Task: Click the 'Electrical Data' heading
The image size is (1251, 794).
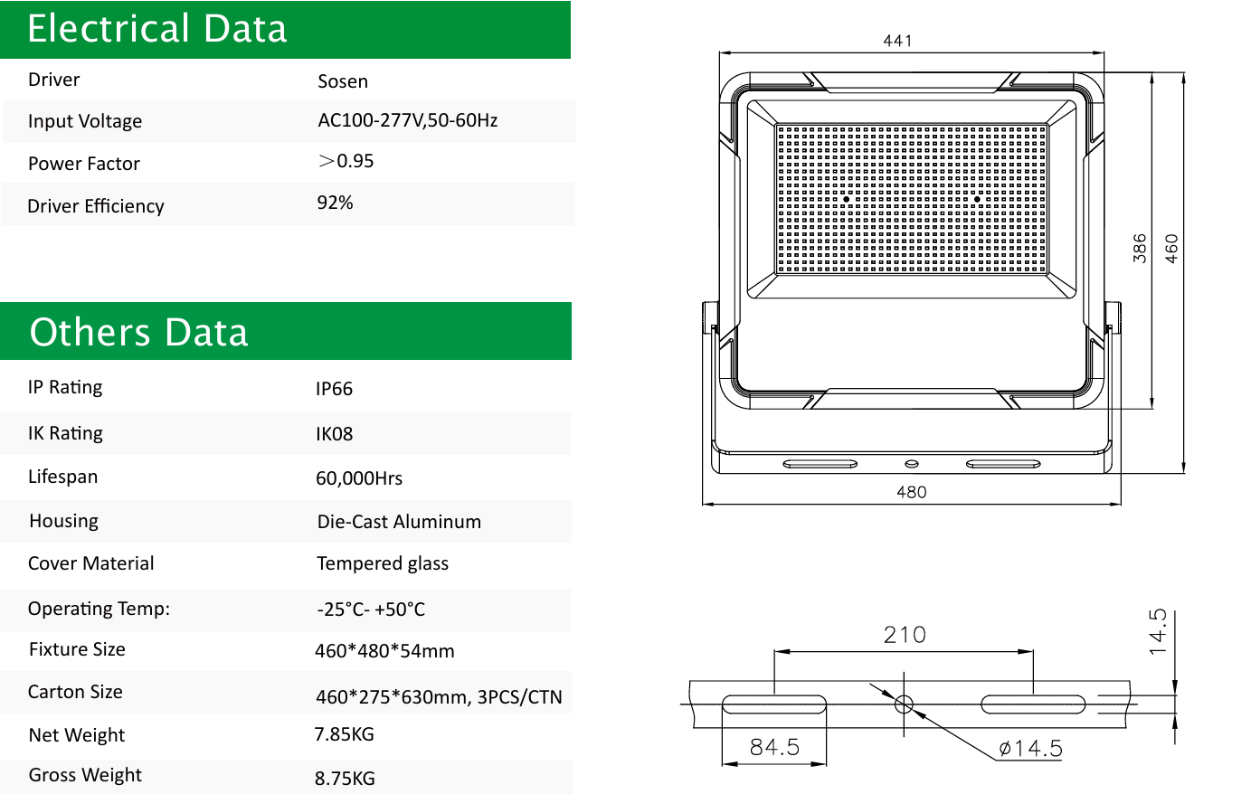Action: click(156, 28)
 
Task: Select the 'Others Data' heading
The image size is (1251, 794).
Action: click(138, 332)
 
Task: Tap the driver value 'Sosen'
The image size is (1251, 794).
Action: click(342, 81)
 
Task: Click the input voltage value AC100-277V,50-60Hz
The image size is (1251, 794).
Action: click(407, 120)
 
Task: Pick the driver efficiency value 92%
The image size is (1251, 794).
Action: click(335, 203)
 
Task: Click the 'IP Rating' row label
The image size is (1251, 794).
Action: click(65, 387)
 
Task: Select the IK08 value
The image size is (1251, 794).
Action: click(334, 434)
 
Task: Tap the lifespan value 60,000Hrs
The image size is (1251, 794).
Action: click(358, 478)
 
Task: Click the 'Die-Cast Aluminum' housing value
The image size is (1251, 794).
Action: click(399, 522)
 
